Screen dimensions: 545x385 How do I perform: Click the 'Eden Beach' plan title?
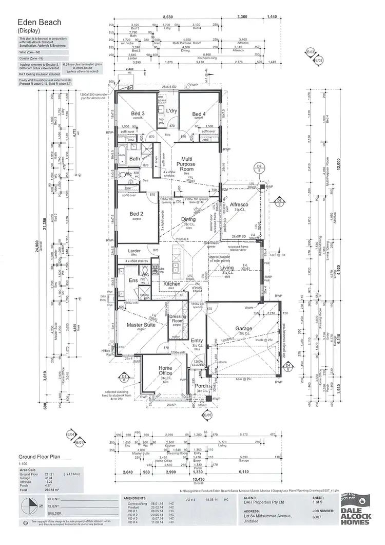pyautogui.click(x=40, y=23)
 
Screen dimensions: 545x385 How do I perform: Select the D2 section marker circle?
pyautogui.click(x=260, y=167)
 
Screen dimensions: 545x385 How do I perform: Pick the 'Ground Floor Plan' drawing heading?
pyautogui.click(x=40, y=456)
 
